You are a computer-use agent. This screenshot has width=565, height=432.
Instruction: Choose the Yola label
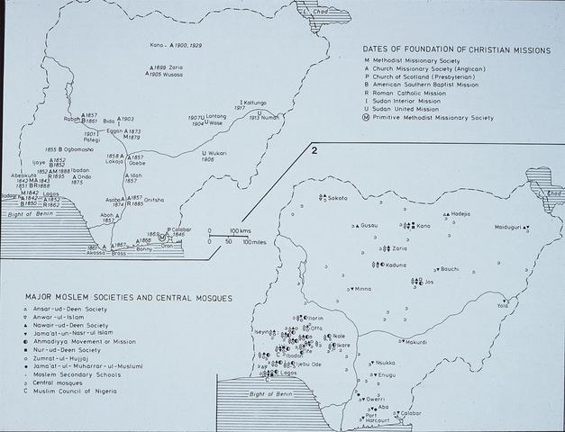(x=503, y=306)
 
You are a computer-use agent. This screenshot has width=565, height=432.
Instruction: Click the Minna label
(x=362, y=289)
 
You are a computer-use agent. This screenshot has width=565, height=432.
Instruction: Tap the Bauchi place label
(x=450, y=268)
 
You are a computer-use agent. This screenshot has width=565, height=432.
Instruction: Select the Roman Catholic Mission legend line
(x=421, y=90)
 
